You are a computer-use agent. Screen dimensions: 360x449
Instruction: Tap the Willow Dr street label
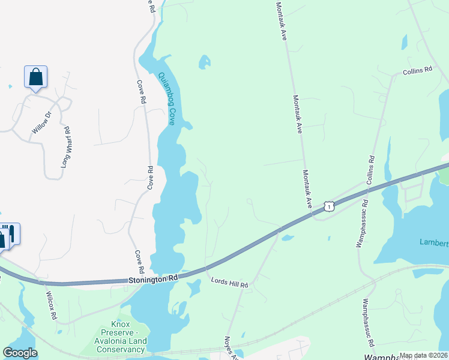pyautogui.click(x=41, y=122)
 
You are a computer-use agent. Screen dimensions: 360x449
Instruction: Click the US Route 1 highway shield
pyautogui.click(x=328, y=206)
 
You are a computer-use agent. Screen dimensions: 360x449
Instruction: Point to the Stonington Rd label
pyautogui.click(x=152, y=280)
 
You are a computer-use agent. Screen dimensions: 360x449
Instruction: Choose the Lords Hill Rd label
pyautogui.click(x=229, y=282)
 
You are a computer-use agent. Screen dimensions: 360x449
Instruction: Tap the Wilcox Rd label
pyautogui.click(x=52, y=305)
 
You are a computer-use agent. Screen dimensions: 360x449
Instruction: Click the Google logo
pyautogui.click(x=20, y=353)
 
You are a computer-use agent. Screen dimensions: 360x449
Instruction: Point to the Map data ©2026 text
pyautogui.click(x=423, y=355)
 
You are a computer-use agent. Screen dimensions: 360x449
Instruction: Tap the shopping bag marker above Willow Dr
pyautogui.click(x=35, y=77)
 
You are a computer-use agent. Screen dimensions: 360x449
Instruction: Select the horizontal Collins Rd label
pyautogui.click(x=417, y=71)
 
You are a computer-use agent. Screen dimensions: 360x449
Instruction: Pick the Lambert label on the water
pyautogui.click(x=433, y=242)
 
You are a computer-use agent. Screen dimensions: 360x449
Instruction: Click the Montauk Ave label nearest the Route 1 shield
pyautogui.click(x=307, y=188)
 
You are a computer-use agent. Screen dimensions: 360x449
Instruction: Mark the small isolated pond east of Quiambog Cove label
pyautogui.click(x=205, y=61)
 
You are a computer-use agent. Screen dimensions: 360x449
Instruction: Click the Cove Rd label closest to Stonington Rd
pyautogui.click(x=140, y=261)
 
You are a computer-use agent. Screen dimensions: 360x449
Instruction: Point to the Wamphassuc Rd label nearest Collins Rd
pyautogui.click(x=362, y=228)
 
